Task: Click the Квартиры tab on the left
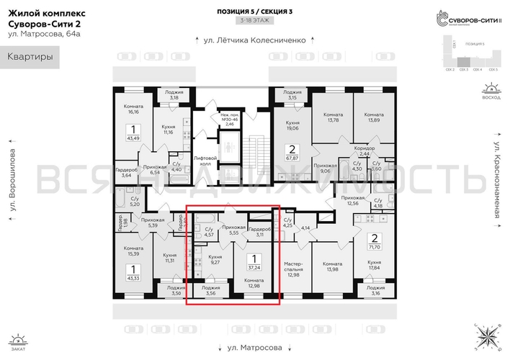coord(30,57)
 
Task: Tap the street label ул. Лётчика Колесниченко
coord(254,40)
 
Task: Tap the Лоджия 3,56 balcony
coord(211,291)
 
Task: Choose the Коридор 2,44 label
coord(364,151)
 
